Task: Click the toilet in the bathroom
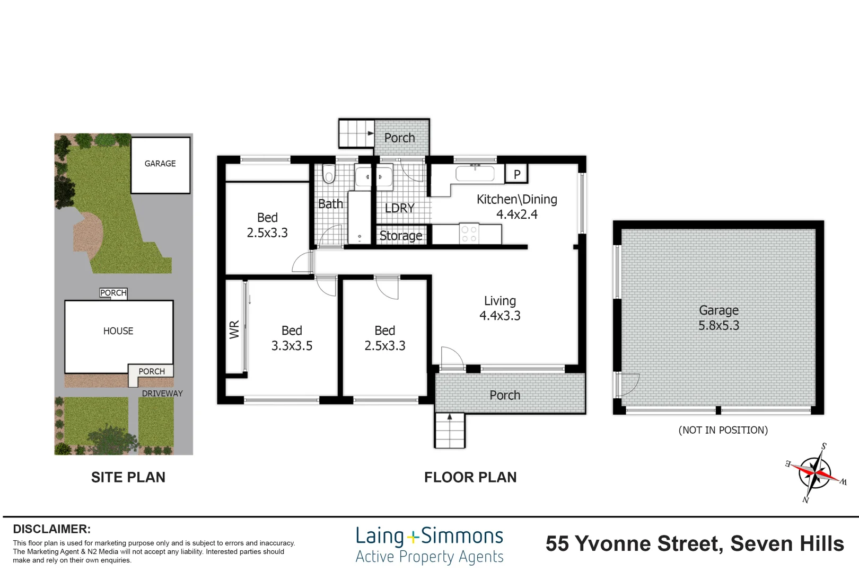329,174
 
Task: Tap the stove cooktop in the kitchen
469,233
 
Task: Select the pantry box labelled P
517,174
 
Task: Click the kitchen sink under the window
475,173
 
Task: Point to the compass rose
816,473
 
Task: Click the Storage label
401,236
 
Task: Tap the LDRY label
400,208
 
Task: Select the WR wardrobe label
234,329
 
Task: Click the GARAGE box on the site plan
160,165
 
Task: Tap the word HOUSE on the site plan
118,331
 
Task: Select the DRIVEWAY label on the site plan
162,394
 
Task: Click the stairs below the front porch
450,430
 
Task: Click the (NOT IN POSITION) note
723,430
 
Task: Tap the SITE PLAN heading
128,477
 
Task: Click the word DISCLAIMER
52,529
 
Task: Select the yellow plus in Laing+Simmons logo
413,538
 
